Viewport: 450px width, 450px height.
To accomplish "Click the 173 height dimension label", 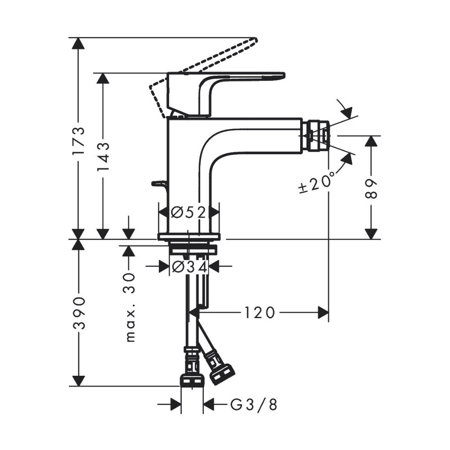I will [x=79, y=140].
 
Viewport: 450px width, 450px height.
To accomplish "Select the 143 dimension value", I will [x=103, y=156].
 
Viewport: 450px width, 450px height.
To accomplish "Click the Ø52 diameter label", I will [x=189, y=212].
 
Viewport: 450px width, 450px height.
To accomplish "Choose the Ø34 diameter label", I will [x=189, y=267].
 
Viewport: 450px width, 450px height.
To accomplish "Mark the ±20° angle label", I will [x=317, y=182].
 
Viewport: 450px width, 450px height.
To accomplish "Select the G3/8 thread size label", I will [x=254, y=405].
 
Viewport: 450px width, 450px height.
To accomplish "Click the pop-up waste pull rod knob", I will [x=159, y=183].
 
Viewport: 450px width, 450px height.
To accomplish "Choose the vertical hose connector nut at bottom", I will [x=192, y=380].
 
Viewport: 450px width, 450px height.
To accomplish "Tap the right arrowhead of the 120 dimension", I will [x=323, y=312].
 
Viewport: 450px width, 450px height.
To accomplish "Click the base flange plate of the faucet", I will [x=189, y=237].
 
